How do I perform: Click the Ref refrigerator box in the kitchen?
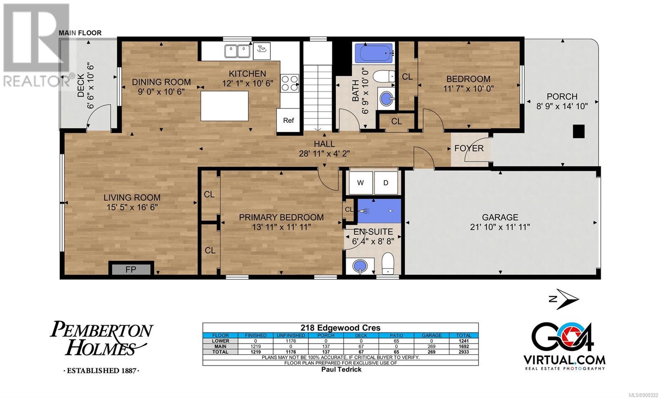click(288, 120)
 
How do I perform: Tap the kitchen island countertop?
click(224, 106)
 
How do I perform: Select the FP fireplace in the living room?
click(131, 269)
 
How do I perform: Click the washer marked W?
click(361, 183)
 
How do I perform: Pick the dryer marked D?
click(386, 183)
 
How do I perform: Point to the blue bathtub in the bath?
click(374, 53)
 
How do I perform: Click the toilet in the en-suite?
click(388, 263)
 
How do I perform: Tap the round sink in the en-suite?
click(360, 266)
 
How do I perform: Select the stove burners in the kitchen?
click(290, 83)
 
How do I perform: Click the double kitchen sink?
click(237, 52)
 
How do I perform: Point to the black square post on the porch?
click(579, 131)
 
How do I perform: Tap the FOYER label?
click(469, 148)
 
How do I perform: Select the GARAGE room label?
click(500, 217)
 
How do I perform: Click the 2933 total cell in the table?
click(464, 352)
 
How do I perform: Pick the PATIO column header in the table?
click(396, 335)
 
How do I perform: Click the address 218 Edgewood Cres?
click(340, 327)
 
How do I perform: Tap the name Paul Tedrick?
click(341, 370)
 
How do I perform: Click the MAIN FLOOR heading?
click(80, 33)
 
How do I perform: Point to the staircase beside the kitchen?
click(318, 98)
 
